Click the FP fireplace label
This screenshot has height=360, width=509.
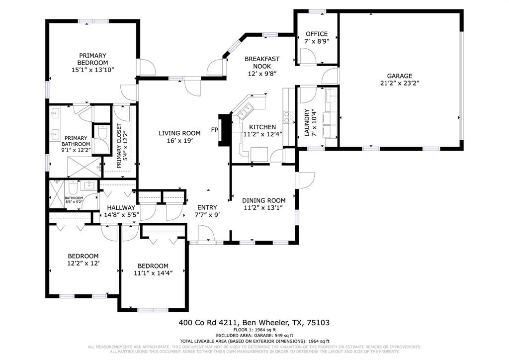(214, 130)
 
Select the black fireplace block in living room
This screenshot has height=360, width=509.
(225, 130)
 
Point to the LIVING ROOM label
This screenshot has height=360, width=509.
(179, 133)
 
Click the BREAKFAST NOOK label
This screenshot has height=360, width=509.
(262, 62)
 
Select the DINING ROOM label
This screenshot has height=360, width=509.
(263, 200)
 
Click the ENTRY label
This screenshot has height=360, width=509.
(207, 208)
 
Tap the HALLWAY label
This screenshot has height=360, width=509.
(121, 208)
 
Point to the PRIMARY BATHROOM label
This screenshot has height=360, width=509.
(76, 141)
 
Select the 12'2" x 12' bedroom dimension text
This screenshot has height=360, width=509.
(84, 263)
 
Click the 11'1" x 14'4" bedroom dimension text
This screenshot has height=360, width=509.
(153, 273)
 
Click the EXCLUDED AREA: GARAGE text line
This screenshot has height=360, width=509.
(254, 335)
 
